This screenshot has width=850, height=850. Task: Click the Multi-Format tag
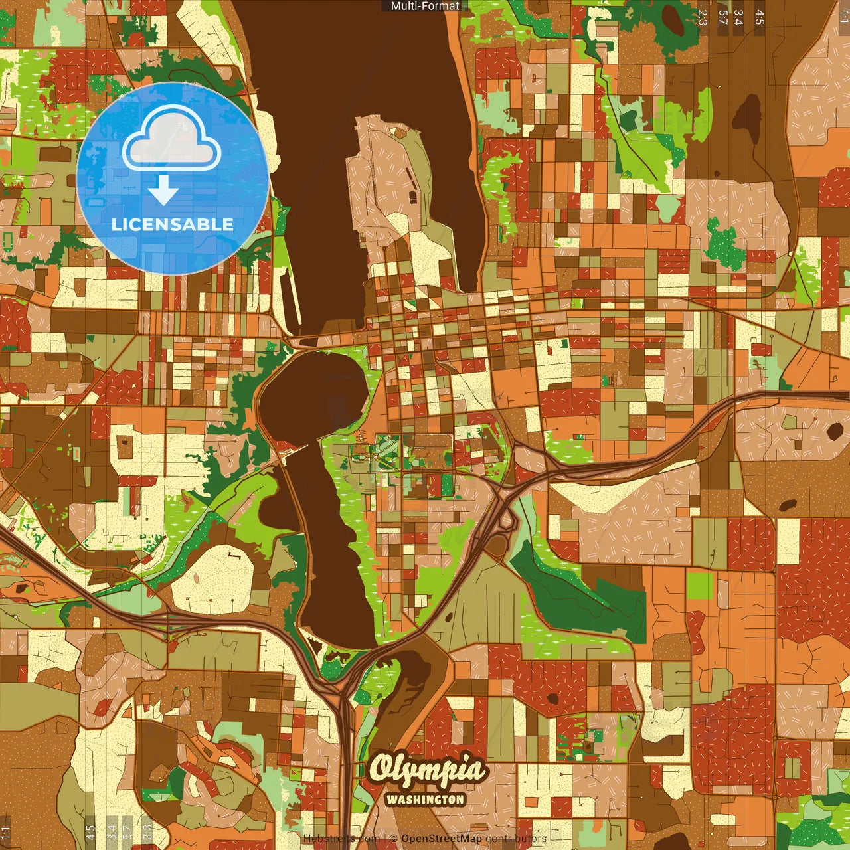[425, 6]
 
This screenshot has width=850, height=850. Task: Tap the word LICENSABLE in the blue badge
[172, 224]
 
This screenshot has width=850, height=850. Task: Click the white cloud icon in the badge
[172, 137]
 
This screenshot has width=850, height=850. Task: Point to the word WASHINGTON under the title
[425, 799]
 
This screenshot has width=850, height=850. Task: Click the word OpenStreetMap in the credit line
[442, 839]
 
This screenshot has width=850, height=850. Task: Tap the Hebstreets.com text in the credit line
[341, 839]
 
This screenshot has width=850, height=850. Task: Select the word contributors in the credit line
[516, 839]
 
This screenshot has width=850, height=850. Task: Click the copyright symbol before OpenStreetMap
[393, 839]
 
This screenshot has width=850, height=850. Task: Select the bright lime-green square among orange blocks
[699, 585]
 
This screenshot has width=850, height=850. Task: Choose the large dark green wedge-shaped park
[584, 591]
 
